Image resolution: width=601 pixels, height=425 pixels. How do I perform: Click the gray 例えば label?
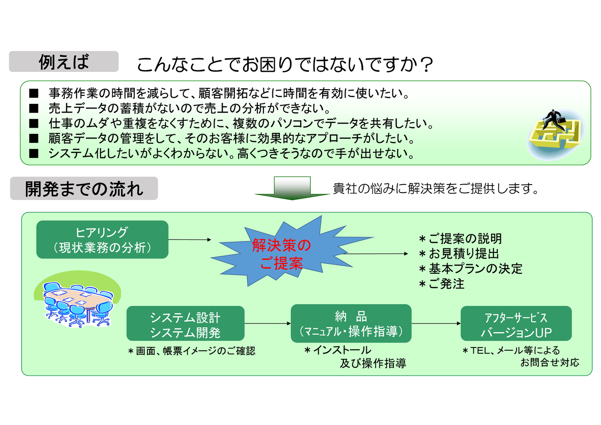tap(63, 62)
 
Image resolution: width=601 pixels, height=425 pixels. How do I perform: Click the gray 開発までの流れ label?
tap(84, 188)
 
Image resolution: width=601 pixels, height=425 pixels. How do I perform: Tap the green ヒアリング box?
tap(102, 240)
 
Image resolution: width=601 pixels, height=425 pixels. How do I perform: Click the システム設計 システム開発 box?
tap(185, 324)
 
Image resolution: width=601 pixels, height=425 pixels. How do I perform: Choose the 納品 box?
tap(351, 323)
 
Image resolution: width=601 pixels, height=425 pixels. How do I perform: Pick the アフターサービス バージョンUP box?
tap(516, 324)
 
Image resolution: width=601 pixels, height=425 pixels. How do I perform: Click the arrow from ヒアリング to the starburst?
tap(190, 240)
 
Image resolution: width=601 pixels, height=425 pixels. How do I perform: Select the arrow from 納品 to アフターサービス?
tap(436, 324)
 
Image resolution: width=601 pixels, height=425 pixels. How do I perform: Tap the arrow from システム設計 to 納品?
tap(268, 324)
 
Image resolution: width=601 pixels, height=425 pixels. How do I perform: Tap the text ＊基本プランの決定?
tap(470, 269)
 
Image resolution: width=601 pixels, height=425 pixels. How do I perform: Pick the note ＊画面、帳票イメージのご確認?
tap(192, 351)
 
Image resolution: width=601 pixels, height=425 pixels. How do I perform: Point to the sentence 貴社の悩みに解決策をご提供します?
tap(435, 189)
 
